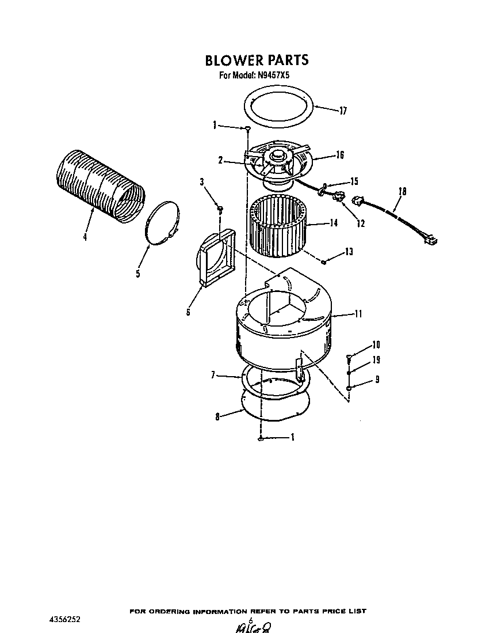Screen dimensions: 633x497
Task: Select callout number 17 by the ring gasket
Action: coord(343,111)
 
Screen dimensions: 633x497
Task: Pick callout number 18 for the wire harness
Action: coord(402,192)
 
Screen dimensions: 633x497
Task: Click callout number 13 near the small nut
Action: coord(349,252)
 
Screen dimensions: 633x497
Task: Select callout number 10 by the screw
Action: coord(376,345)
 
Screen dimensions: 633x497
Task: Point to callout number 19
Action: coord(376,360)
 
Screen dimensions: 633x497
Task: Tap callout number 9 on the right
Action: coord(377,380)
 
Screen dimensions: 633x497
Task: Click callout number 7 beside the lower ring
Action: coord(213,375)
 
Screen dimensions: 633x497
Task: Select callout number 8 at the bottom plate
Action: coord(217,417)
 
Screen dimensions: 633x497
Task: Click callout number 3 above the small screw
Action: coord(202,183)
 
